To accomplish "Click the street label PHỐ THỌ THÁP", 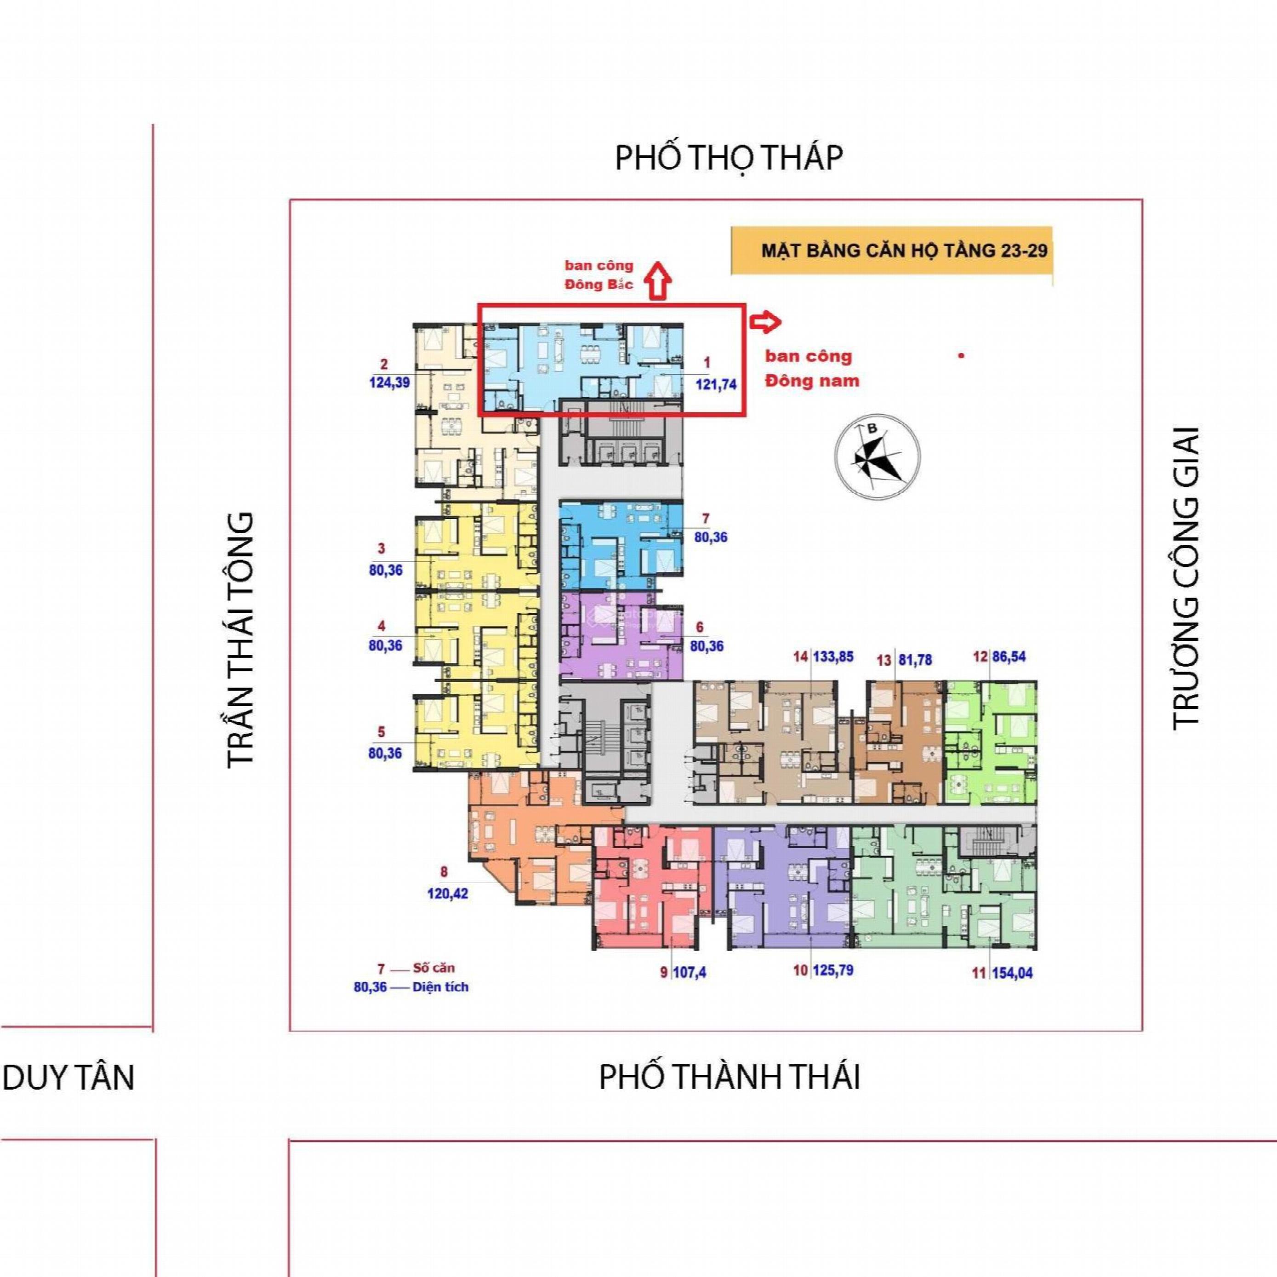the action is pos(729,158).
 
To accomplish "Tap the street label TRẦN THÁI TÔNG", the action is pos(240,640).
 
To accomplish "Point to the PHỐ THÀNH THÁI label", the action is pos(730,1077).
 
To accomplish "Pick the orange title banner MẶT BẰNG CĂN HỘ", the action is pos(892,251).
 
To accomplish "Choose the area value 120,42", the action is pos(447,894).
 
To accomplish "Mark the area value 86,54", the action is pos(1008,656).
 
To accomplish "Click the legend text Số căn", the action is pos(433,968).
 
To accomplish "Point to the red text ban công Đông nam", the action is pos(812,368).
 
